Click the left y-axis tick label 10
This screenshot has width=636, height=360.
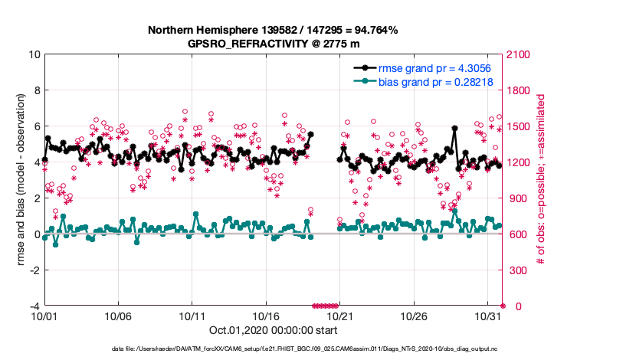[33, 54]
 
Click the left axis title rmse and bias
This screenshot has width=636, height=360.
[21, 180]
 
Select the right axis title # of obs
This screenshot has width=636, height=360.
[540, 180]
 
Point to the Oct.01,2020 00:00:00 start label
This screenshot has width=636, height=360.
[273, 332]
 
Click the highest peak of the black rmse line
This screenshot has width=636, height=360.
[454, 129]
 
